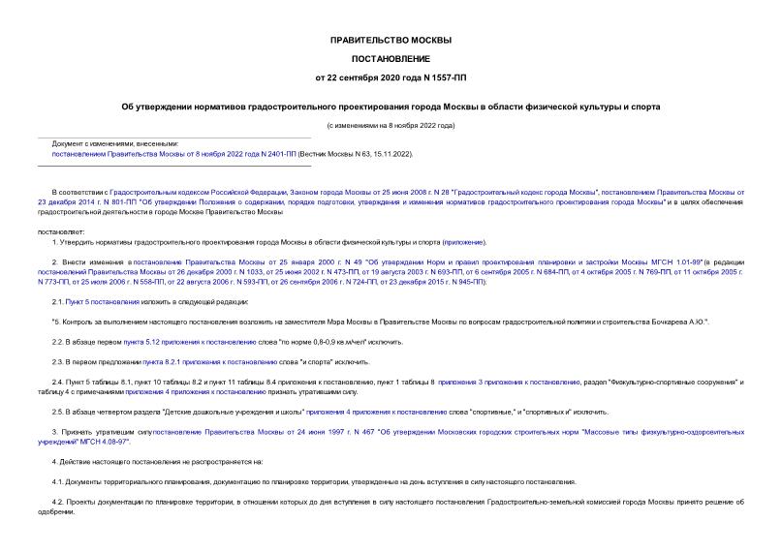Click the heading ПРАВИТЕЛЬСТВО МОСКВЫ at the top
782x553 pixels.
pyautogui.click(x=391, y=40)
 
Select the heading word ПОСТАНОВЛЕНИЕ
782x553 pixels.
pyautogui.click(x=391, y=58)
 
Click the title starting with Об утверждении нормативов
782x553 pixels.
pyautogui.click(x=391, y=107)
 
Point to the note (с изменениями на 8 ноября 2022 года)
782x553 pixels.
pyautogui.click(x=391, y=126)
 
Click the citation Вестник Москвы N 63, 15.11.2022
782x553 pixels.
pyautogui.click(x=356, y=154)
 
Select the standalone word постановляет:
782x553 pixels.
pyautogui.click(x=61, y=231)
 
